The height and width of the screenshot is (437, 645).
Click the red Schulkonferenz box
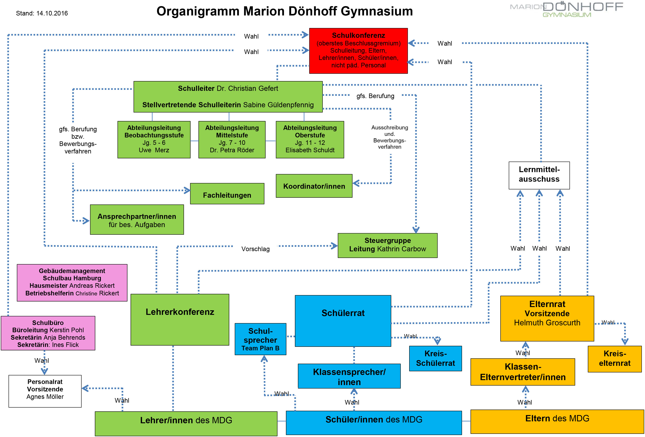358,51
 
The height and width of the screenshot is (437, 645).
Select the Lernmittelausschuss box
539,175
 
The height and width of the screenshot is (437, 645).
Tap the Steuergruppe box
387,245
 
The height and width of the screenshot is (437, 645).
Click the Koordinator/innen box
314,186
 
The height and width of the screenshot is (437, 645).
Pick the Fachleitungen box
227,194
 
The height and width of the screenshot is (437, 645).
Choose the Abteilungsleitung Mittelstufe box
232,139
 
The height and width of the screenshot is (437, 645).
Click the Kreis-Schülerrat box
436,358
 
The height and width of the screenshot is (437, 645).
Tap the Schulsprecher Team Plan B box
260,339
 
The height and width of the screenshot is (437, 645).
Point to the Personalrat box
45,391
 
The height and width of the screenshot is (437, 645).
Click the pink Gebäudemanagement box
72,283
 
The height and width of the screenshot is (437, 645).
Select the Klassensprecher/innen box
349,376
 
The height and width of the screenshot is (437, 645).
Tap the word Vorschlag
255,249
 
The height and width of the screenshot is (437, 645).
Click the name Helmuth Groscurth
547,323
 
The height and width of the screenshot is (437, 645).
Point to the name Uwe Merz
154,150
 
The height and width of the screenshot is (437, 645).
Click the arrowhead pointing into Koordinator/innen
356,183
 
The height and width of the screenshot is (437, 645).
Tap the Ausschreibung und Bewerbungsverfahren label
390,137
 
